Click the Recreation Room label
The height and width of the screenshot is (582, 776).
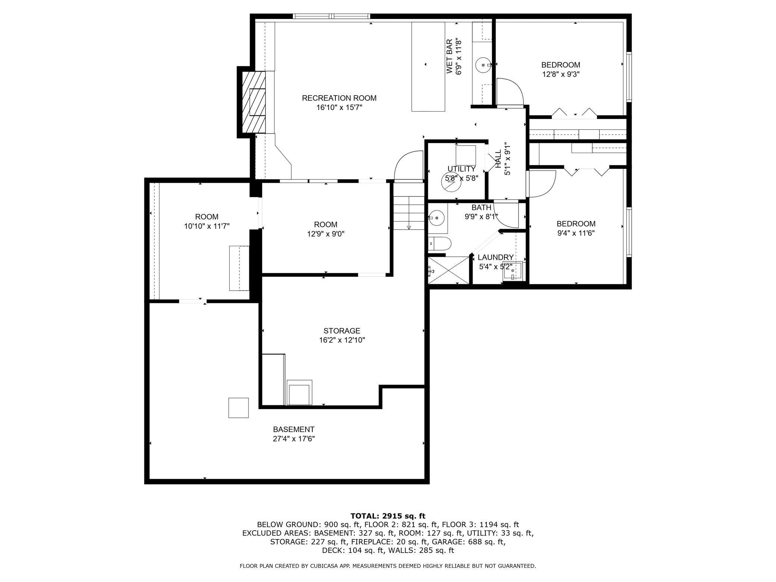339,98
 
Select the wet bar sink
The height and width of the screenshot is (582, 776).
484,65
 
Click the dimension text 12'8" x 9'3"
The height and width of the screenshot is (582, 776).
560,74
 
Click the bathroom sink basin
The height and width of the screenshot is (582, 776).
436,217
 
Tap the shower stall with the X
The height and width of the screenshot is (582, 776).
448,271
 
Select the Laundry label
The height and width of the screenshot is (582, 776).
495,257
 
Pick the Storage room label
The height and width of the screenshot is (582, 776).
342,331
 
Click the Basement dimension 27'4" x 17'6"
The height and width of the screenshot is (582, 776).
294,439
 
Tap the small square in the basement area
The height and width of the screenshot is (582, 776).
238,408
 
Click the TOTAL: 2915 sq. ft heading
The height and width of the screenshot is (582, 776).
388,516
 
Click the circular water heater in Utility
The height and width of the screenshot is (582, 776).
451,182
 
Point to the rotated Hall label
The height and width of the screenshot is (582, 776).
498,160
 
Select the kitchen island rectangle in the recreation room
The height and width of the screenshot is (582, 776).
428,66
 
